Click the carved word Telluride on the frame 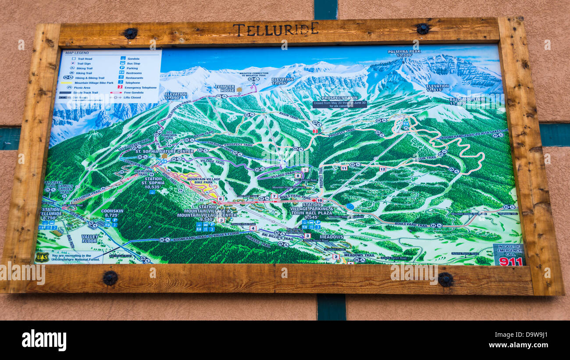tap(275, 29)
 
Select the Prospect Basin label tap(339, 99)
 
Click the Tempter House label tap(224, 88)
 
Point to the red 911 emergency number tap(510, 261)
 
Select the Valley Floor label tap(90, 239)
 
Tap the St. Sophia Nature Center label tap(164, 151)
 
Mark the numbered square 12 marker tap(382, 169)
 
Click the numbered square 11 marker tap(344, 168)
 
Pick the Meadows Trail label tap(360, 255)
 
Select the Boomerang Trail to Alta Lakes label tap(471, 135)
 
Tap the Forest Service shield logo tap(43, 257)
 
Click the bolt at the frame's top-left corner tap(130, 33)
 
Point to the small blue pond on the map tap(349, 206)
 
